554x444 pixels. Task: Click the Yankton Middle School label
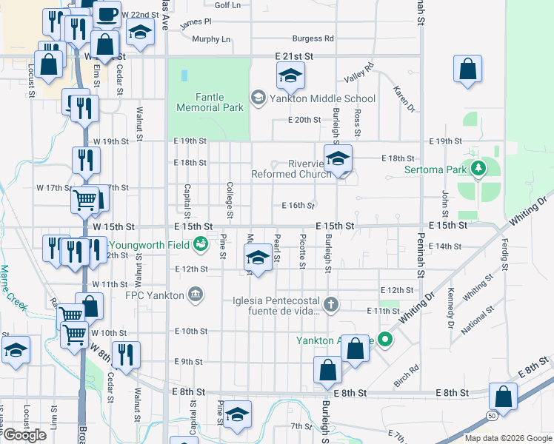coord(322,98)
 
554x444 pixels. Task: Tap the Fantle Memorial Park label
coord(210,102)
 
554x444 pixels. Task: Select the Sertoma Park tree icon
coord(478,169)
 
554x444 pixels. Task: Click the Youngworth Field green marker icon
coord(200,243)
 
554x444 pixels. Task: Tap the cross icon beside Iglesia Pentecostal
coord(332,303)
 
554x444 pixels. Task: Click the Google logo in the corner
coord(24,435)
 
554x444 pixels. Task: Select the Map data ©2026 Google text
coord(508,438)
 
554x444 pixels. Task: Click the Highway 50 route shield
coord(493,417)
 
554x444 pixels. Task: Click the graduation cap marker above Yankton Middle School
coord(291,75)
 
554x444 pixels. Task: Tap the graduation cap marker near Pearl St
coord(258,258)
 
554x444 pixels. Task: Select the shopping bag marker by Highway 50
coord(504,397)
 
